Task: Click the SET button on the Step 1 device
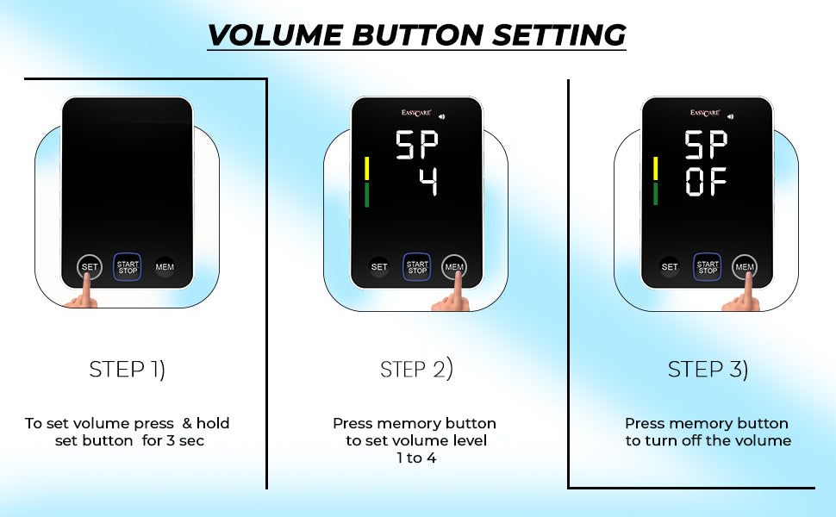point(90,266)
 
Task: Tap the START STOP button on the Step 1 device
point(128,267)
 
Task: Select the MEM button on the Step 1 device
point(165,267)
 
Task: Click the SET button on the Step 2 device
point(379,267)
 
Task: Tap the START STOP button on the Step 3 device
point(708,267)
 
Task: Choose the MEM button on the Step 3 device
point(745,266)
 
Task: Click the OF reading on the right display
point(706,182)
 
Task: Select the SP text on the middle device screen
point(416,145)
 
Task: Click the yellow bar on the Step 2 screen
point(366,168)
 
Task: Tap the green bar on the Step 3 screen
point(655,194)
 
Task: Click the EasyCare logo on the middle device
point(416,113)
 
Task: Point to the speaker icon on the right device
point(731,116)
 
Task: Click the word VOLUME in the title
point(275,35)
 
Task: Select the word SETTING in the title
point(558,35)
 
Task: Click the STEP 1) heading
point(127,370)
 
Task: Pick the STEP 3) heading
point(708,370)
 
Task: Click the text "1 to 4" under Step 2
point(416,458)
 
